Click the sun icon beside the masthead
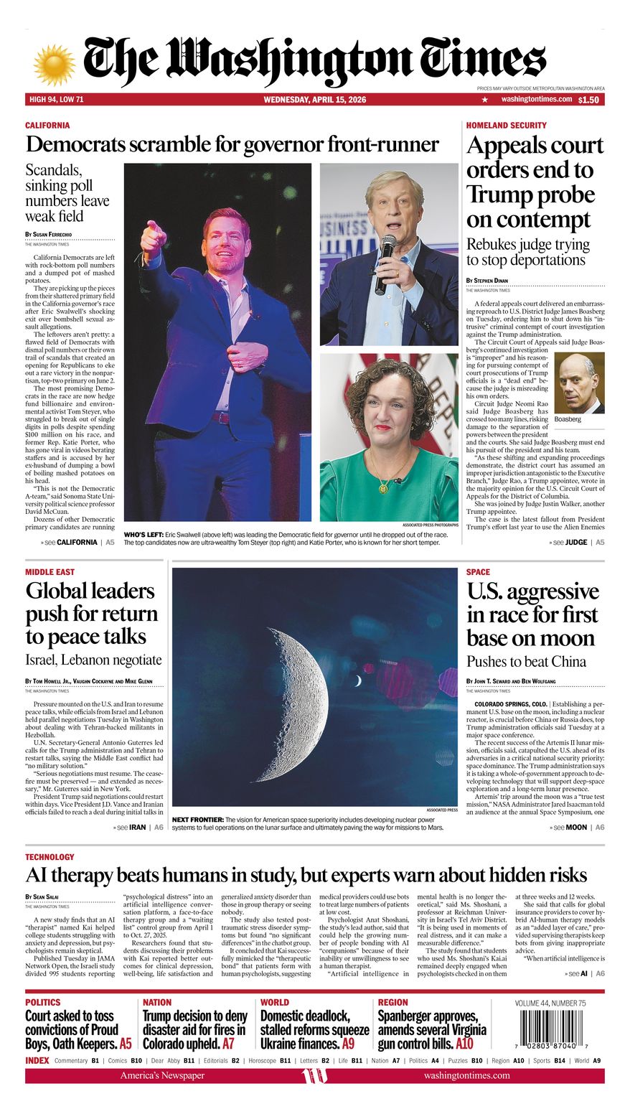tap(54, 65)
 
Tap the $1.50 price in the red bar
tap(588, 100)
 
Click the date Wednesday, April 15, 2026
tap(314, 100)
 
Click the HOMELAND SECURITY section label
tap(506, 125)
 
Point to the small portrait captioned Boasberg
tap(579, 383)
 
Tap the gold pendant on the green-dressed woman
tap(384, 487)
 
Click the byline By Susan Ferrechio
tap(49, 235)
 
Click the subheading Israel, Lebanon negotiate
tap(93, 660)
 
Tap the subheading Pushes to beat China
tap(526, 661)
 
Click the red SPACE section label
tap(478, 572)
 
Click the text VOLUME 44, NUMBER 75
tap(550, 1003)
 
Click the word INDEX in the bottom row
tap(37, 1060)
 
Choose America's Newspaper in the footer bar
tap(162, 1075)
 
